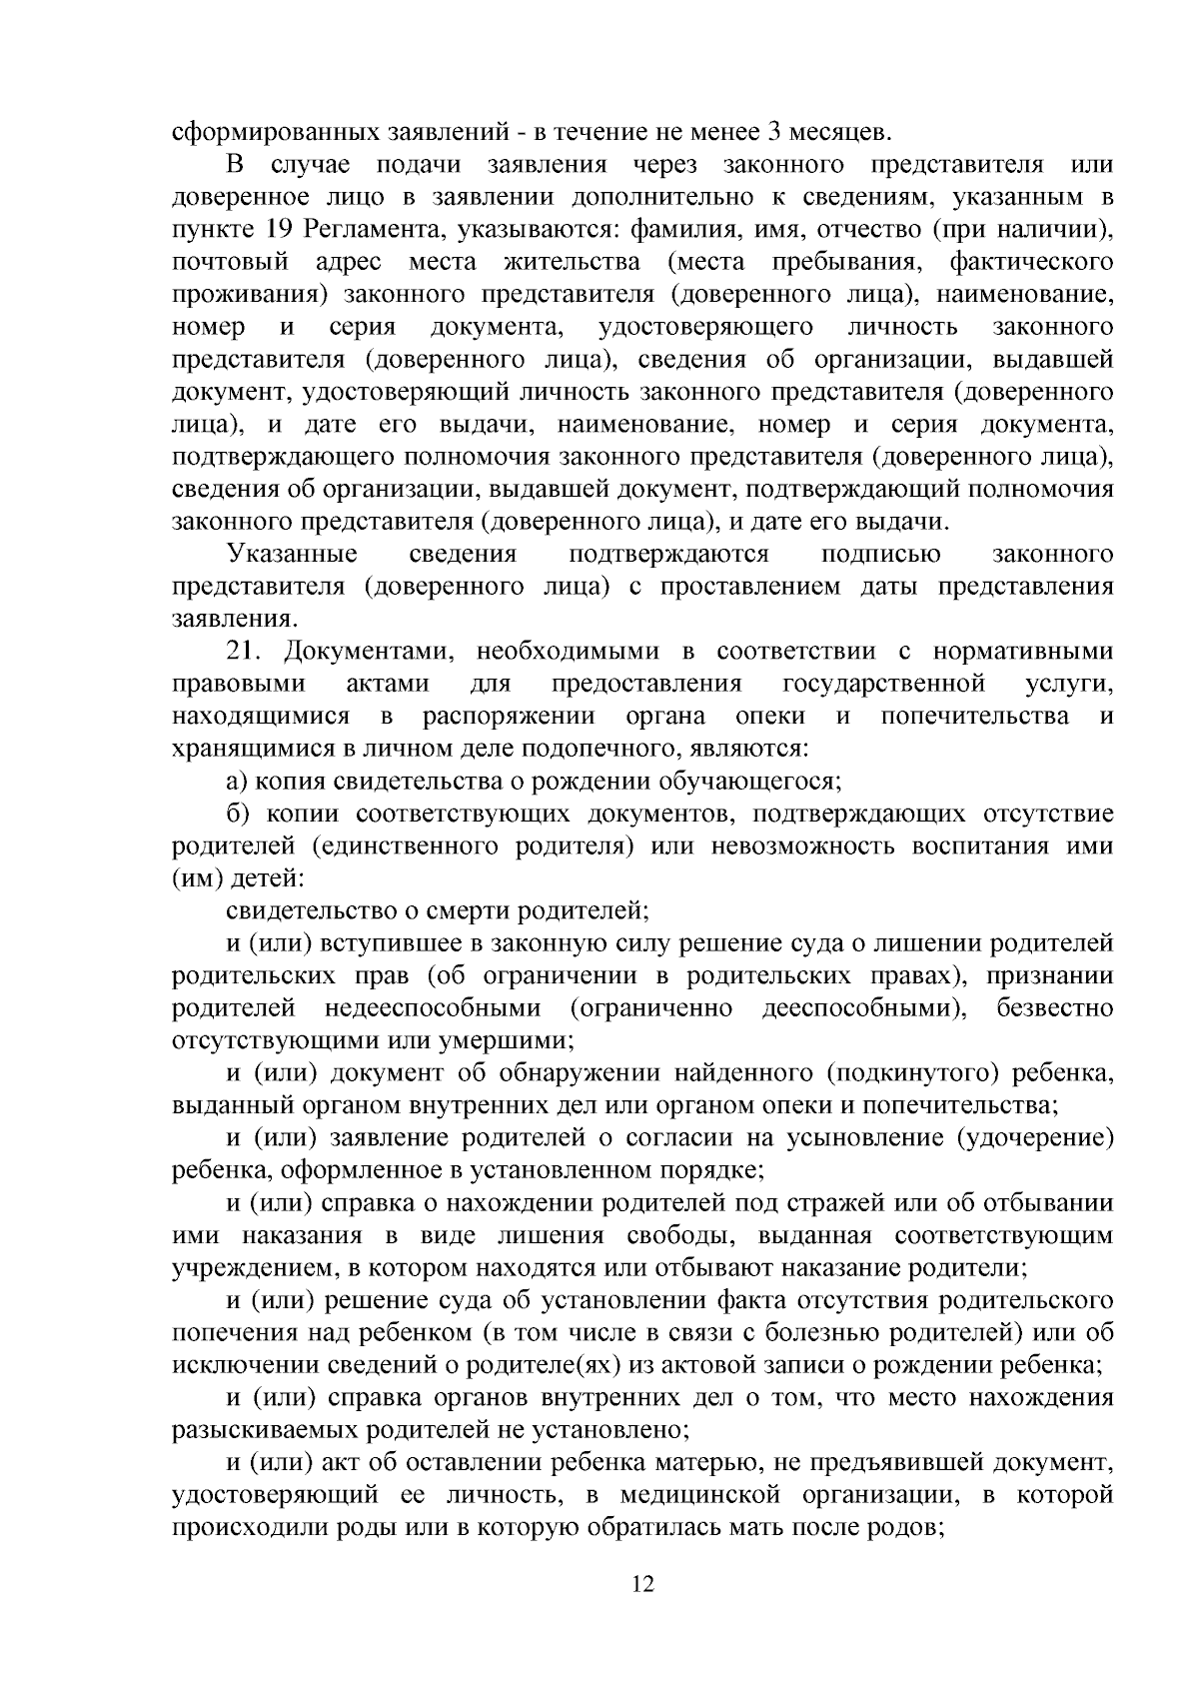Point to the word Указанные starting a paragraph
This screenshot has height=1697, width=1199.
pyautogui.click(x=292, y=555)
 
